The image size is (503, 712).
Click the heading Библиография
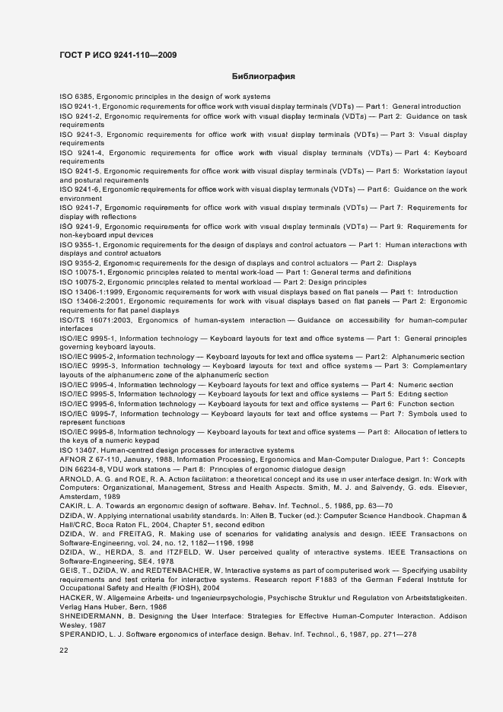click(263, 77)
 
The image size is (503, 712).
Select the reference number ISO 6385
click(75, 97)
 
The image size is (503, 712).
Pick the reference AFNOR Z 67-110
click(89, 459)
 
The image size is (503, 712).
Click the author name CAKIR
click(71, 505)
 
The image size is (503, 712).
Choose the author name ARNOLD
click(76, 478)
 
